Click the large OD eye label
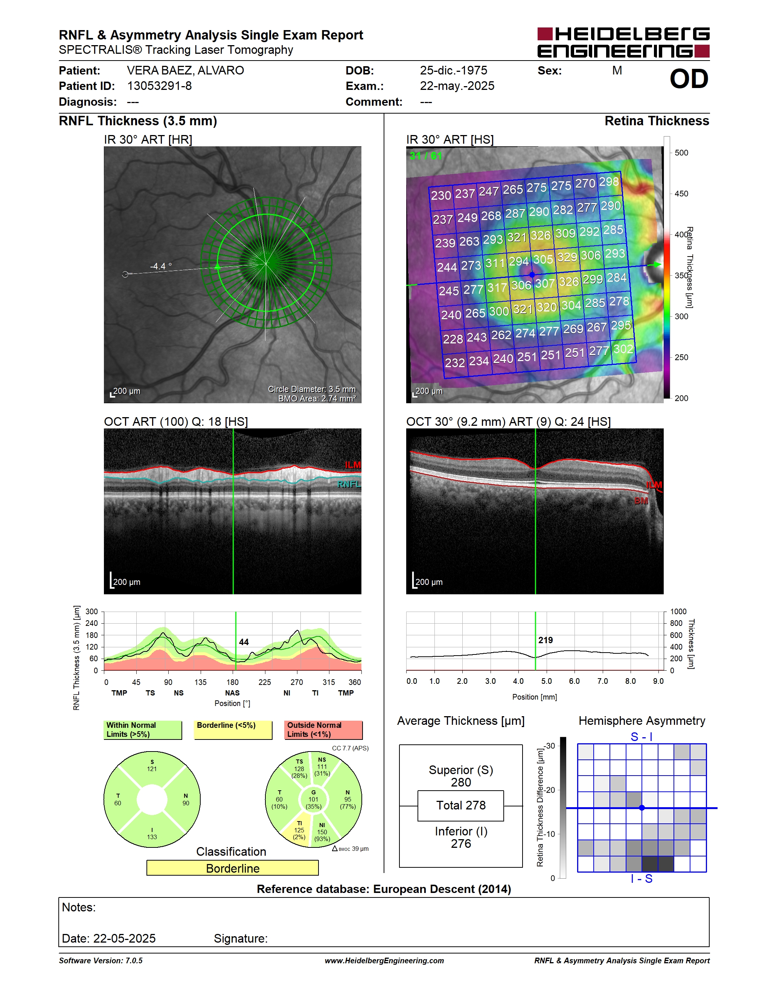[689, 79]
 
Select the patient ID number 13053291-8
[159, 86]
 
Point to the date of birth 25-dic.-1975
[453, 70]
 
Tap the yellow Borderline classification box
[233, 868]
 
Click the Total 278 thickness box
[460, 805]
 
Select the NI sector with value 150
[322, 832]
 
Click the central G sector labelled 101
[314, 799]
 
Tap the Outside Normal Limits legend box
[323, 730]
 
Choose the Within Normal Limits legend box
[143, 730]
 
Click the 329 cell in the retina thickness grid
[567, 257]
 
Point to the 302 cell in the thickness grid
[623, 349]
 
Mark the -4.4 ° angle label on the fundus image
[161, 266]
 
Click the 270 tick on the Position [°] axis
[297, 682]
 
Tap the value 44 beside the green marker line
[244, 642]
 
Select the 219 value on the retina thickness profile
[546, 640]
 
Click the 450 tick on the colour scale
[681, 194]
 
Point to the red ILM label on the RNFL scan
[353, 465]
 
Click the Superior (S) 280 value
[461, 776]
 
